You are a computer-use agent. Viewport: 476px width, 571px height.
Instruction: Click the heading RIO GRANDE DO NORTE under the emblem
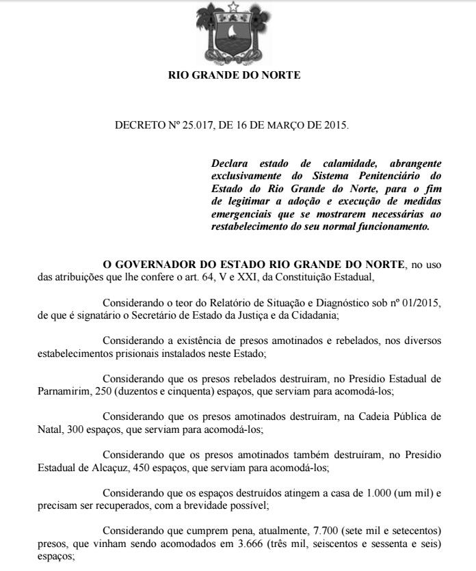[234, 75]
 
